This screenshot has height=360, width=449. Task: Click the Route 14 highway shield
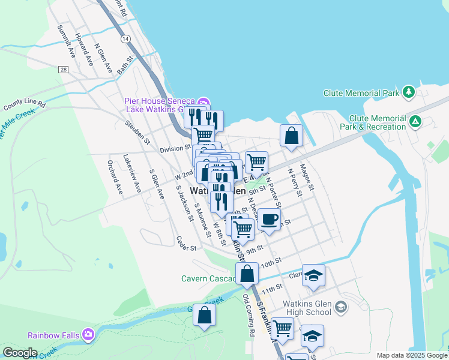(125, 38)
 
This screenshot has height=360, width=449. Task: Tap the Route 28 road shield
(63, 70)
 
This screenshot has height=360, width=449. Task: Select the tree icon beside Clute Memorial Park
(409, 92)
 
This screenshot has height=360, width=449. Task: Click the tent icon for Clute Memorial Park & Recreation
(415, 122)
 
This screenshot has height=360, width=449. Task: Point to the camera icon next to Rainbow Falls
(89, 334)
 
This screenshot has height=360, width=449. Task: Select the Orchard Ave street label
(114, 177)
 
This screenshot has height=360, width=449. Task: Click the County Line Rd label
(25, 105)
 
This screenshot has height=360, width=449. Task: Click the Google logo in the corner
(20, 352)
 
